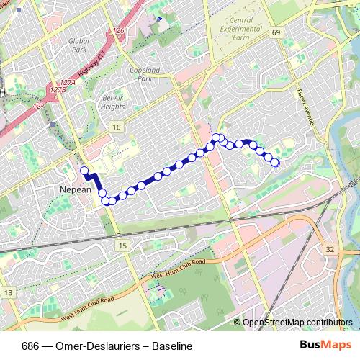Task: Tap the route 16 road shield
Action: click(116, 127)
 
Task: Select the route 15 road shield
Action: click(122, 246)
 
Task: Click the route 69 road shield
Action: click(276, 33)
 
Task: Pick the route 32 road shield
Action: click(330, 248)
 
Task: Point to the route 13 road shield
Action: click(8, 292)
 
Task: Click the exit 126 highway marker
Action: click(119, 32)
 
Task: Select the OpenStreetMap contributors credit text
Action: click(297, 323)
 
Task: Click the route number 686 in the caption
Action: click(30, 346)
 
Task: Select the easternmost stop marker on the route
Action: click(275, 163)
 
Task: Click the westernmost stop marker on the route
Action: click(84, 171)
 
